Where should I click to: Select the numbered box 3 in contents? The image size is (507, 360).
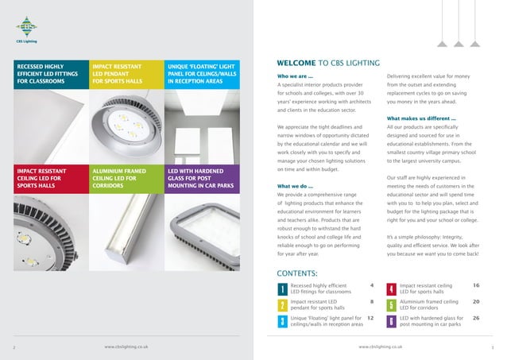click(282, 321)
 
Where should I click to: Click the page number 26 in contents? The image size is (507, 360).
click(476, 317)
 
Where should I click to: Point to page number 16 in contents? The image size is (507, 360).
click(476, 284)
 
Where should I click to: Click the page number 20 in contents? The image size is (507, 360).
click(476, 301)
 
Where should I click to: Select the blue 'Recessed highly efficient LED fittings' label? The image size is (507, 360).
click(48, 72)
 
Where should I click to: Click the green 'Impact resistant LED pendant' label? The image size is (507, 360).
click(122, 72)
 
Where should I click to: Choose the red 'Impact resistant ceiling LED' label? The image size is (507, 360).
click(48, 180)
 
